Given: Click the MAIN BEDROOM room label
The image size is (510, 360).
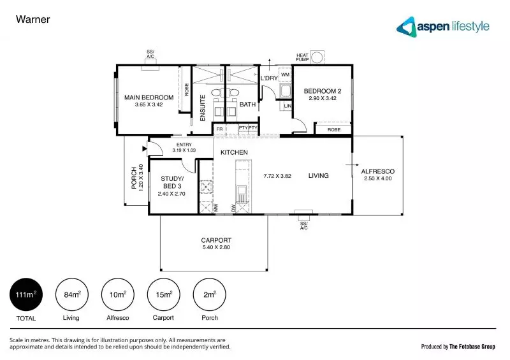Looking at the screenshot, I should point(149,97).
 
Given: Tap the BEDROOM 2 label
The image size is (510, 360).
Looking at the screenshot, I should point(322,91).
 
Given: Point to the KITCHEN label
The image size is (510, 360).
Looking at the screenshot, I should point(234,152).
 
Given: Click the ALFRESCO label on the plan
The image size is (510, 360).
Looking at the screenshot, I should point(377,171).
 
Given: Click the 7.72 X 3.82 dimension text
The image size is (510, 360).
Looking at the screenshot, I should point(277,176).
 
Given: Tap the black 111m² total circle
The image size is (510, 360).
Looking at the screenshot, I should point(26,294).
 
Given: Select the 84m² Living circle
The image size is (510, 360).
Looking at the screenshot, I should point(71,294).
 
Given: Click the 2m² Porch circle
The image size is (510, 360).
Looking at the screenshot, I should point(209,294).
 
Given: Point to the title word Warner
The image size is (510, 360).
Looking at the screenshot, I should point(33,19).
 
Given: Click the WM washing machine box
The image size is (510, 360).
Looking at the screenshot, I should point(284,75).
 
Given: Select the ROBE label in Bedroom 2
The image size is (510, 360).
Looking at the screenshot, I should point(334,129).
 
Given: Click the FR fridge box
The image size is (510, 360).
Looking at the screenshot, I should point(219,128).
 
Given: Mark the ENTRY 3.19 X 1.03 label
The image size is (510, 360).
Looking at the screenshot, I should point(184,148).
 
